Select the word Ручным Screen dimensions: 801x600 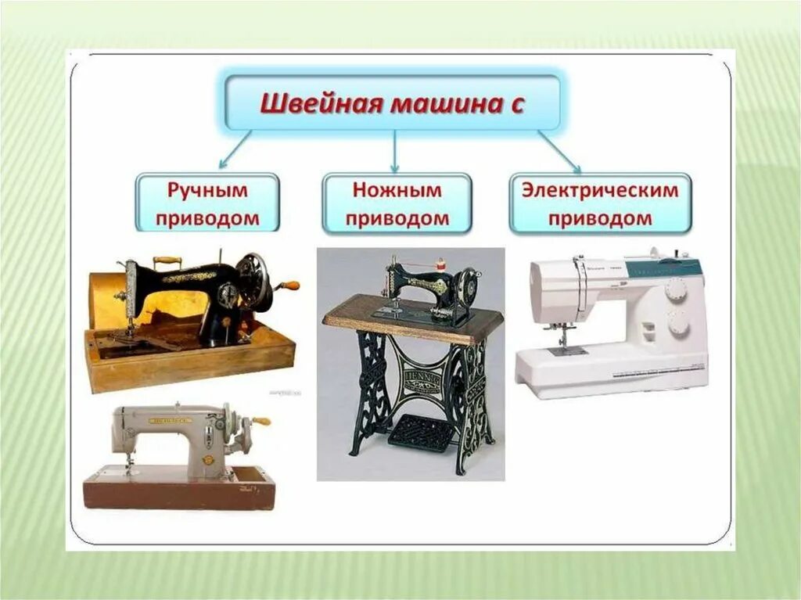(207, 190)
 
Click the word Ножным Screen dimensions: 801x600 (397, 190)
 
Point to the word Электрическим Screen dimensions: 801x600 (600, 190)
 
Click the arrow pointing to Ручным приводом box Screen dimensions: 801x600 (235, 149)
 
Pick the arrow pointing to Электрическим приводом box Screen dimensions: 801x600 (559, 151)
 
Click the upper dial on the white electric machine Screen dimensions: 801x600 (674, 289)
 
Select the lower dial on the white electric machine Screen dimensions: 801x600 (677, 322)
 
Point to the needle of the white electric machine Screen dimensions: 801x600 (562, 338)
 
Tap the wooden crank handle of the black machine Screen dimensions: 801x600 (290, 286)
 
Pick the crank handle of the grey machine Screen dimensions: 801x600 (260, 421)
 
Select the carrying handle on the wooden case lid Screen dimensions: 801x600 (167, 260)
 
